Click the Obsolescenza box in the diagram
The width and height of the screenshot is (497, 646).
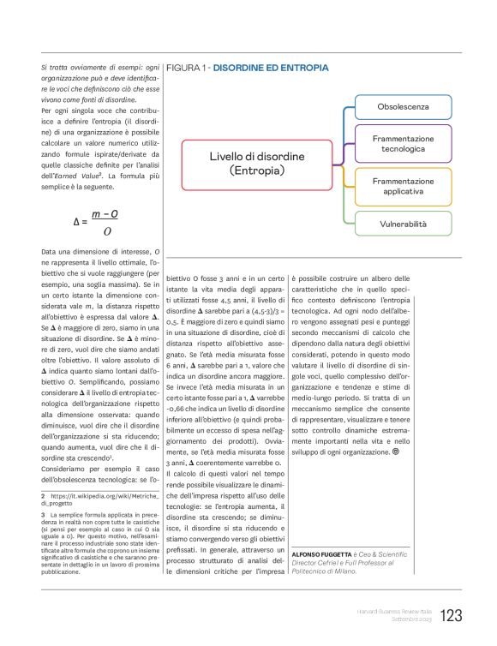click(x=402, y=107)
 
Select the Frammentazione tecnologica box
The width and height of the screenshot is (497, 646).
click(x=402, y=143)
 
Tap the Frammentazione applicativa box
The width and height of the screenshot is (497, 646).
click(x=402, y=187)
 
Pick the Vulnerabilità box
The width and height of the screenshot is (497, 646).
click(x=402, y=224)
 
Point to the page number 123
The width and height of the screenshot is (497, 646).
click(x=452, y=614)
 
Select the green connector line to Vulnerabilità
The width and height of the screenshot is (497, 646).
click(x=344, y=214)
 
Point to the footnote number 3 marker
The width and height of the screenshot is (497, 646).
click(x=43, y=512)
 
